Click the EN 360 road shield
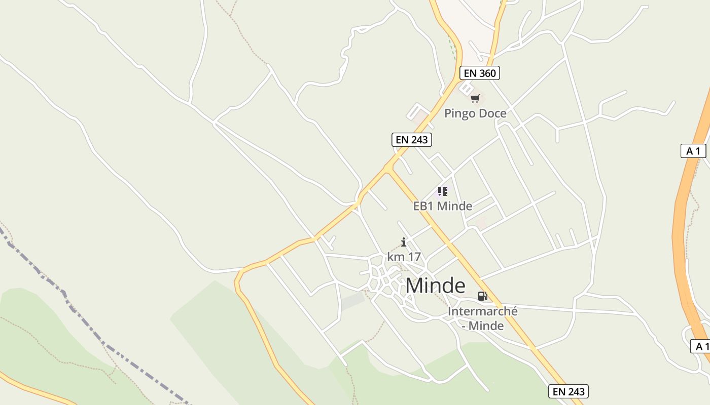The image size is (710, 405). click(480, 73)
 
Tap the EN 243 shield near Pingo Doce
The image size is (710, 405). click(411, 140)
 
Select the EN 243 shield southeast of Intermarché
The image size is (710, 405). click(569, 391)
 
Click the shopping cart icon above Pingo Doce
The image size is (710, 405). click(475, 98)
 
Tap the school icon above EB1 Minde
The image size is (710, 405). click(443, 191)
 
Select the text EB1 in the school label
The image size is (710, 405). click(423, 206)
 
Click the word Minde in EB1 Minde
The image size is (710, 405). click(454, 206)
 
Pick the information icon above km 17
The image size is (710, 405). click(404, 242)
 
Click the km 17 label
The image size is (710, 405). click(404, 257)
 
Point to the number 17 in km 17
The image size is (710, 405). click(414, 257)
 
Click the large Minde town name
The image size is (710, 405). click(435, 286)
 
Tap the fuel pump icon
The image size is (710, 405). click(482, 296)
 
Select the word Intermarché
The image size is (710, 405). click(482, 311)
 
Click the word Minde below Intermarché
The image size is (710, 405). click(486, 326)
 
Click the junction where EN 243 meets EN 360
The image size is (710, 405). click(388, 167)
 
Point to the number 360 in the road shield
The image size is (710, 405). click(487, 73)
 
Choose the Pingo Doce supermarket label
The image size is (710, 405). click(475, 113)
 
